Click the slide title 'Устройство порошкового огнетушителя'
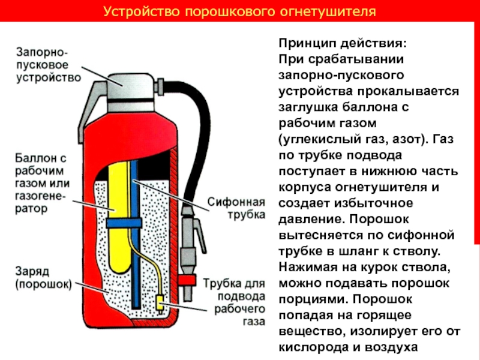point(239,11)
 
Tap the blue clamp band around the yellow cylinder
point(123,224)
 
